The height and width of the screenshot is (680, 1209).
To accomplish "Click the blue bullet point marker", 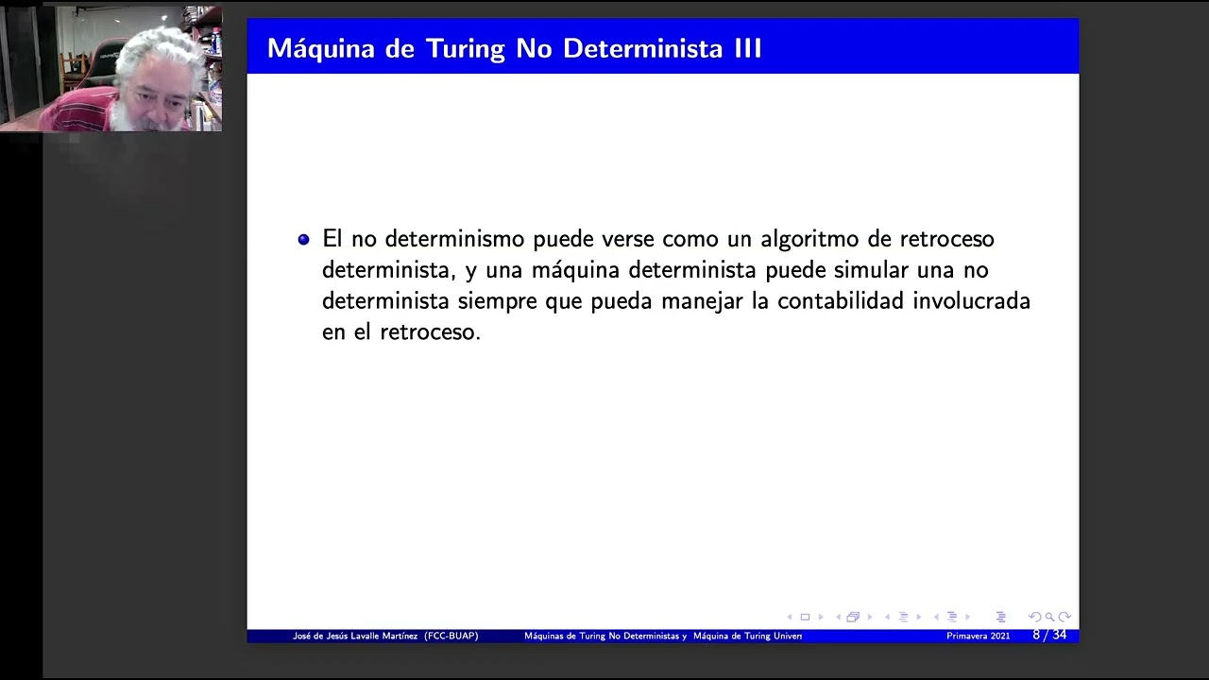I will pyautogui.click(x=303, y=240).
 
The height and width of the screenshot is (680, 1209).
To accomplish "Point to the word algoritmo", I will pyautogui.click(x=798, y=239).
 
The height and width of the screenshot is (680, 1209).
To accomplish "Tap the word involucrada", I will pyautogui.click(x=971, y=301).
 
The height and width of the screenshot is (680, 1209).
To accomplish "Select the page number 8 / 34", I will pyautogui.click(x=1049, y=636).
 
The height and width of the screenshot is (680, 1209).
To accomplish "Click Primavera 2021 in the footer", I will pyautogui.click(x=978, y=637).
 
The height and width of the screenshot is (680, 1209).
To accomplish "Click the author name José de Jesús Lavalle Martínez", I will pyautogui.click(x=355, y=637).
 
